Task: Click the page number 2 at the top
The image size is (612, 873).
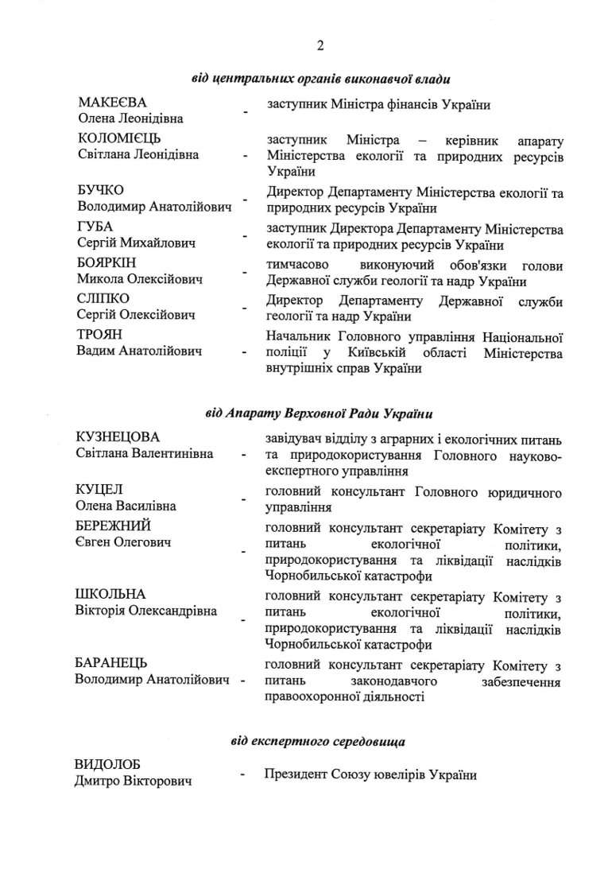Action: [x=320, y=45]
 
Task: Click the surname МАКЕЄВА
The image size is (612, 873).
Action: [x=112, y=103]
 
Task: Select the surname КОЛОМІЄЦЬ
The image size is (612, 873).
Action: [x=119, y=139]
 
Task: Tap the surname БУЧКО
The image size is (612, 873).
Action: [x=101, y=191]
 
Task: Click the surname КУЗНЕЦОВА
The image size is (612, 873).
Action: [x=118, y=437]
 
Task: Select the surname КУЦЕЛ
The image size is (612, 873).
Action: [x=99, y=489]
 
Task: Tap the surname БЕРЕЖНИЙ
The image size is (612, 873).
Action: [x=113, y=526]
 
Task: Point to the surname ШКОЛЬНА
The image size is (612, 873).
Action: [x=110, y=594]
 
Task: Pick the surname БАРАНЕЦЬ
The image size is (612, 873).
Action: [x=111, y=663]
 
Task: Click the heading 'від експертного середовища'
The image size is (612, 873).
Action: [x=318, y=742]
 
